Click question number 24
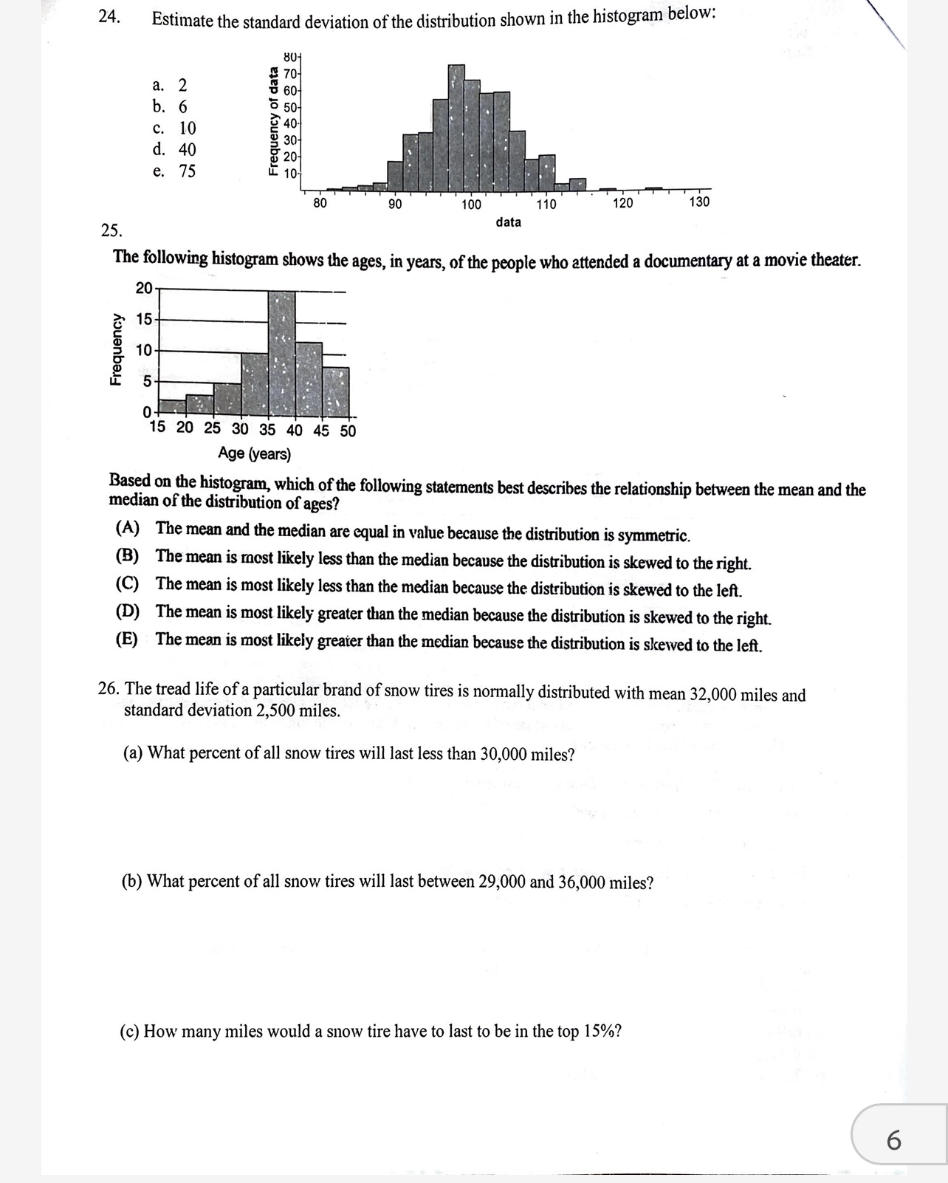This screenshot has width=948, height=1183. (109, 17)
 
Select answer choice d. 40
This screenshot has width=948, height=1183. (175, 149)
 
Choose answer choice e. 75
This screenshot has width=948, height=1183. (175, 171)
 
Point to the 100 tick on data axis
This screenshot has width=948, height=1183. (471, 205)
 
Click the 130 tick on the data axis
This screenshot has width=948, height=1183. (699, 202)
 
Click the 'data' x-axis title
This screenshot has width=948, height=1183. (508, 222)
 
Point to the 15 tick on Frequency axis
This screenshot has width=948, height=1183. (144, 320)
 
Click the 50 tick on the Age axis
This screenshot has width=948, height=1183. (348, 431)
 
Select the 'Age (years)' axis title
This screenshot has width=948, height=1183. (254, 453)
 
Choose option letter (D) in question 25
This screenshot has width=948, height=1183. (128, 611)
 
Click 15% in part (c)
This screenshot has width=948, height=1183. (603, 1031)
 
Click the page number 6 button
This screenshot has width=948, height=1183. (893, 1140)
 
